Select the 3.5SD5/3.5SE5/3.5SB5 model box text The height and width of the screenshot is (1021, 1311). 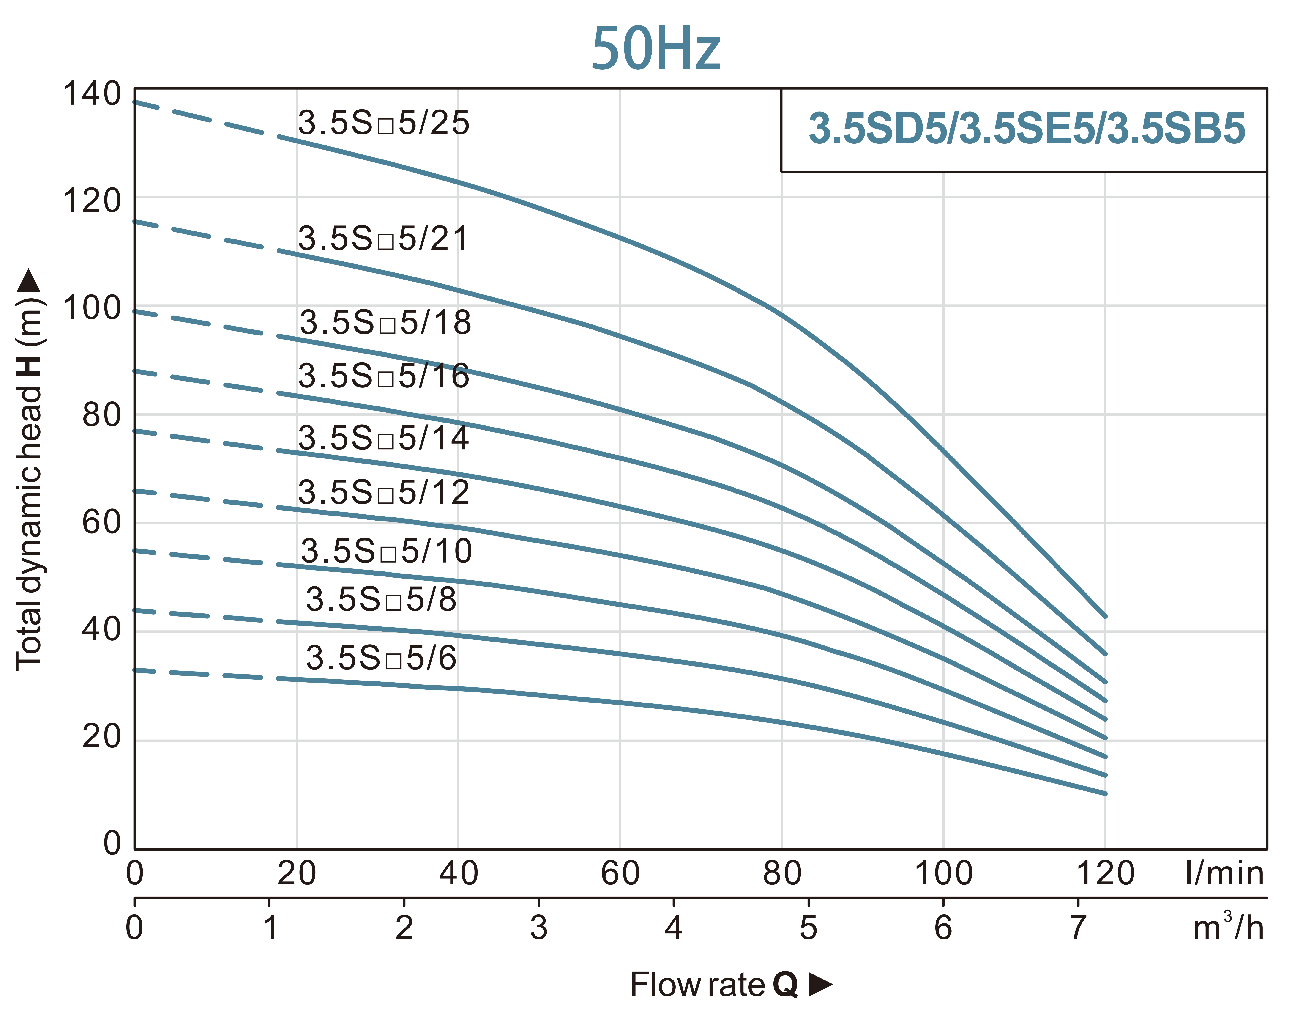point(1027,129)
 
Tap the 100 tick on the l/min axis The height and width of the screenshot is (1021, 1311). point(943,874)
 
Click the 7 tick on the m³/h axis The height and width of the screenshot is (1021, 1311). point(1078,928)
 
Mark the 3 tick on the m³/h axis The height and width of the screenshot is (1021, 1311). point(538,928)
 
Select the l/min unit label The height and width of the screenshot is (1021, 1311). point(1225,874)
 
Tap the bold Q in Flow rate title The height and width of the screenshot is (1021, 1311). point(785,985)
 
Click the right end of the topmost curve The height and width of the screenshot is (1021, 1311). point(1104,616)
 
